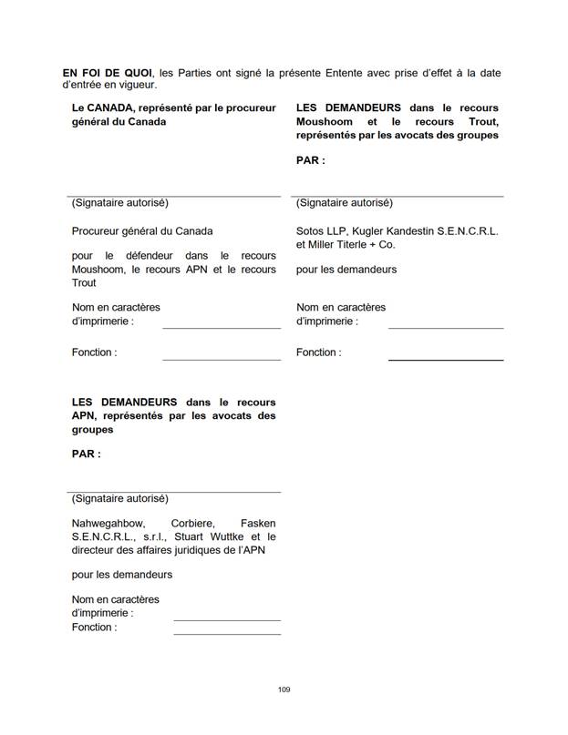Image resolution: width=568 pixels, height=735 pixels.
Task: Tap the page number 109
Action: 284,689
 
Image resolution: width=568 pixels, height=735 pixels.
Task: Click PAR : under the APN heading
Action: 86,454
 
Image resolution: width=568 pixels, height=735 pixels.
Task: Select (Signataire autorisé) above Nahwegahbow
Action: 119,498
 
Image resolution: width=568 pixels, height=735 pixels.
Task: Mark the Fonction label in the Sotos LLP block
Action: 318,352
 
